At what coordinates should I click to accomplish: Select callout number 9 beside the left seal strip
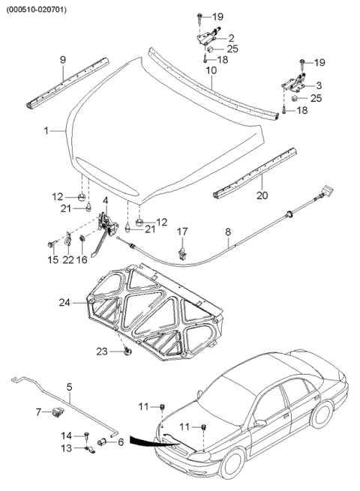tap(63, 58)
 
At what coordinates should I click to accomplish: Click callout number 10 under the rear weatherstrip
tap(211, 70)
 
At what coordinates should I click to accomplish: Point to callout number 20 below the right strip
tap(262, 196)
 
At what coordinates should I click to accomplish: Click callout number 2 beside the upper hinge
tap(230, 37)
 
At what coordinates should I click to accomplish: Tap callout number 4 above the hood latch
tap(106, 200)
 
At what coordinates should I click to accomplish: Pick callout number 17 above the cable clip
tap(181, 232)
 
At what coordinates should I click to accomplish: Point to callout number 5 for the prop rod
tap(69, 388)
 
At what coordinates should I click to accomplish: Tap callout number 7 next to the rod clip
tap(39, 412)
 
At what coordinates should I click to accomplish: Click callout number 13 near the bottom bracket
tap(67, 448)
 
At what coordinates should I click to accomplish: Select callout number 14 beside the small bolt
tap(67, 435)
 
